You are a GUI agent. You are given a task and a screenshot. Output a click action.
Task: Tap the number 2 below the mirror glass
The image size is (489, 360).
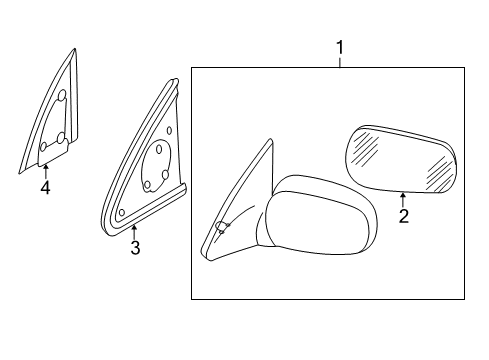tap(402, 214)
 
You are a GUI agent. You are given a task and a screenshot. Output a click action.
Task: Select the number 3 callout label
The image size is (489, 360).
tap(135, 248)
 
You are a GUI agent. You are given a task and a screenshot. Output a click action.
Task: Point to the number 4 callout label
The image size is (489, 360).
tap(45, 187)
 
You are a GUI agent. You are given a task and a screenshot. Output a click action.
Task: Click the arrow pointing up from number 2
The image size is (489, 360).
tap(402, 198)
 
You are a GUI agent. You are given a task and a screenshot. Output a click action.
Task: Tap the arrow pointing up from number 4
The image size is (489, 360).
tap(45, 171)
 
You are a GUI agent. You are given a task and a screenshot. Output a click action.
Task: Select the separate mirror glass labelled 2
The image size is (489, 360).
tap(400, 158)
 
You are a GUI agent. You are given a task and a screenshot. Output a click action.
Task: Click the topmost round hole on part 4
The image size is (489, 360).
tap(61, 97)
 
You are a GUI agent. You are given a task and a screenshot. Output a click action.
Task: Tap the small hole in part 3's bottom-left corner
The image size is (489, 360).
tap(122, 212)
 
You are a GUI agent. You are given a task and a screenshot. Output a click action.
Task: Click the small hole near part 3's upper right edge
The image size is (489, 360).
tap(173, 129)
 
